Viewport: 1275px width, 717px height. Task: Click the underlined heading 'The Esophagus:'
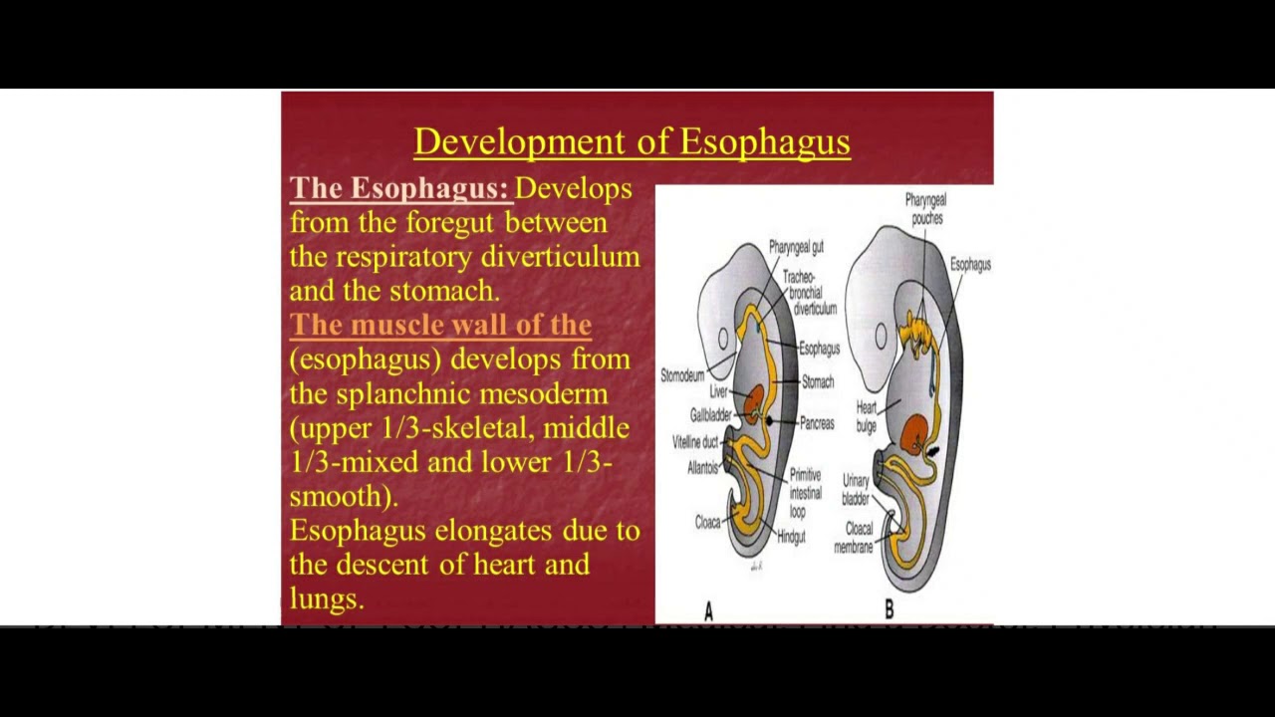coord(398,188)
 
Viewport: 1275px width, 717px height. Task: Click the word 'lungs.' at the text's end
coord(327,597)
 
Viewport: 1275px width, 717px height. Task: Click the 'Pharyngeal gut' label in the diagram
coord(795,247)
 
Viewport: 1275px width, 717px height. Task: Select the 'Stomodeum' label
coord(682,375)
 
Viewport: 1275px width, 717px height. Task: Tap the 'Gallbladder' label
coord(710,415)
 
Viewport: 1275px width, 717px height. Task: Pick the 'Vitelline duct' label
coord(695,442)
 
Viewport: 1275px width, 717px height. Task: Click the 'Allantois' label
coord(703,467)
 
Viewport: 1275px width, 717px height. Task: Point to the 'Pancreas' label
coord(817,423)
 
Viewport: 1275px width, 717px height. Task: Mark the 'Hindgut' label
coord(791,537)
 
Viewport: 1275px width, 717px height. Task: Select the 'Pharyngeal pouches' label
coord(925,209)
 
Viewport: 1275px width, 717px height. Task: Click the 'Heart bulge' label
coord(867,416)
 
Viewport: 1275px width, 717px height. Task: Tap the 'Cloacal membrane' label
coord(853,538)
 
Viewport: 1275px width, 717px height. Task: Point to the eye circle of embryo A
coord(723,339)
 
